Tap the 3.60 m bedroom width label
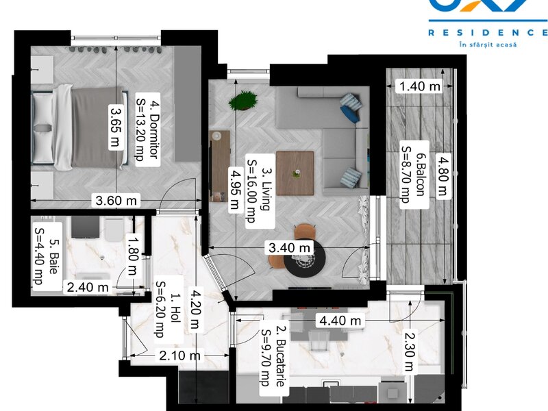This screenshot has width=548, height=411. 116,201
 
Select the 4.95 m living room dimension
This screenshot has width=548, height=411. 234,189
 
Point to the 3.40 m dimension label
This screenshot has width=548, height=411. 289,248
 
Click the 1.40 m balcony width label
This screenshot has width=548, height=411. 419,86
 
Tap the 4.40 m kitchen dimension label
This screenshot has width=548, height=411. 340,321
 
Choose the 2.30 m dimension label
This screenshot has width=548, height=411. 409,351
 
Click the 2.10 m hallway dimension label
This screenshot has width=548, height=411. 179,356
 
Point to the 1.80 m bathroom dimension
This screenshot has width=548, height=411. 133,256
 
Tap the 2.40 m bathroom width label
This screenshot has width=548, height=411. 88,288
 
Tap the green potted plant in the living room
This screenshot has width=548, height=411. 243,101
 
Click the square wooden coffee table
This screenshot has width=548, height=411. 295,173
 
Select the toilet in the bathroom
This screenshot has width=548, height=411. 114,229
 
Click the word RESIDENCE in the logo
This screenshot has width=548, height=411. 488,33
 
